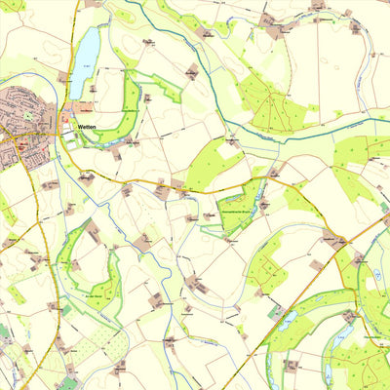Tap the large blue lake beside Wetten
click(85, 61)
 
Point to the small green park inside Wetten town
click(27, 115)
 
